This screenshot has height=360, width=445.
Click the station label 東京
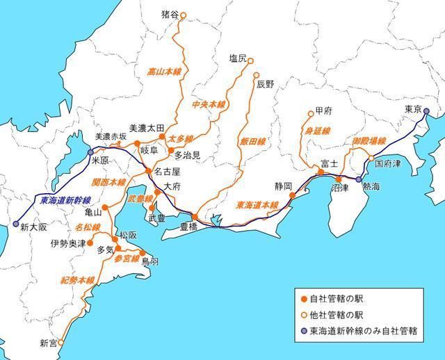pyautogui.click(x=413, y=110)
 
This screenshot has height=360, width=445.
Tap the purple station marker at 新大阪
pyautogui.click(x=16, y=224)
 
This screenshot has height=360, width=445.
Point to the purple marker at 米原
pyautogui.click(x=90, y=152)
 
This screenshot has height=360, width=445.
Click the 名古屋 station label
pyautogui.click(x=167, y=171)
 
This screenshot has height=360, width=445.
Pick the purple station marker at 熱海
pyautogui.click(x=359, y=179)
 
